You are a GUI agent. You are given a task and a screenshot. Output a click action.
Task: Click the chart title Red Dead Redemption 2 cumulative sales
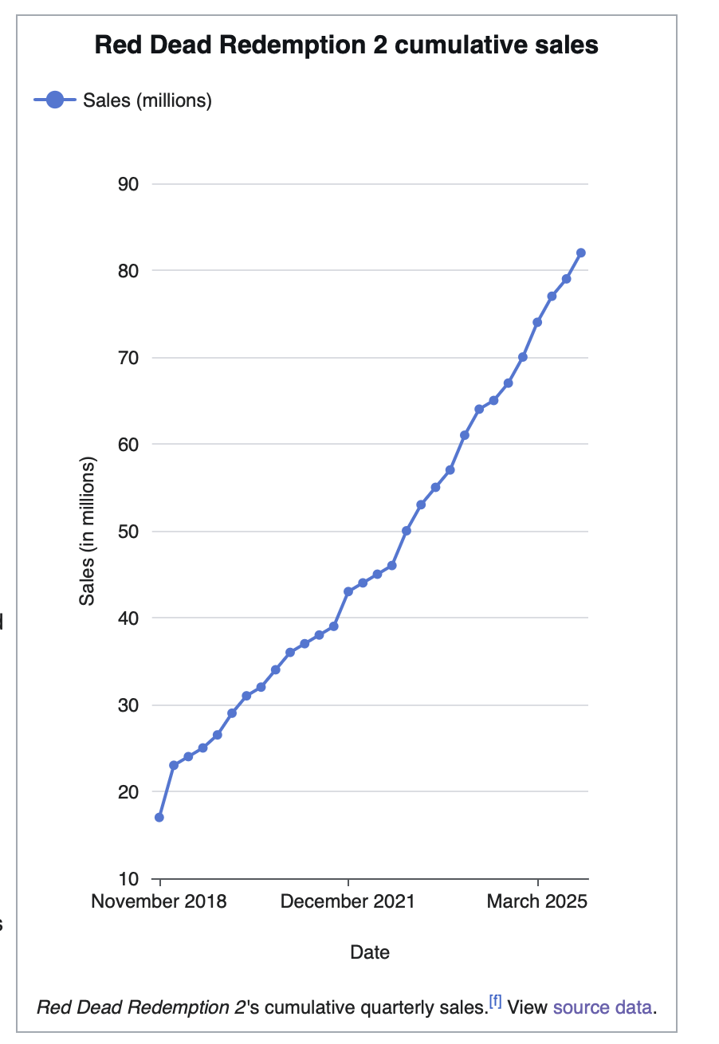pos(346,45)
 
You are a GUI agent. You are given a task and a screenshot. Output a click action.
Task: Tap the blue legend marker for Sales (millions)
pos(55,100)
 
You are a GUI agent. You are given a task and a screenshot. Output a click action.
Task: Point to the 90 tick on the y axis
pos(128,185)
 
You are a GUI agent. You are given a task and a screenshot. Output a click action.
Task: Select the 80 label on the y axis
pos(128,271)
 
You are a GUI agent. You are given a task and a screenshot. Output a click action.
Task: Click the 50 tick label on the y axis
pos(128,532)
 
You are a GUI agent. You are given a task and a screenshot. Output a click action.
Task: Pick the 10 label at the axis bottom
pos(128,879)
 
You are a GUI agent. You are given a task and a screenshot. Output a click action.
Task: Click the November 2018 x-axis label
pos(159,901)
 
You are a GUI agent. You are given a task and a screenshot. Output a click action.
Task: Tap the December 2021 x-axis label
pos(348,901)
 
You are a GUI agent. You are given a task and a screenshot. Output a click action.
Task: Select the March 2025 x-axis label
pos(537,901)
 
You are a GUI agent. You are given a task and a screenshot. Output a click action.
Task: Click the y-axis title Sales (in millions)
pos(87,531)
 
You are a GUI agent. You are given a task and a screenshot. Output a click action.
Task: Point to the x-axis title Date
pos(370,952)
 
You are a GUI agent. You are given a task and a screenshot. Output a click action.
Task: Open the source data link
pos(602,1007)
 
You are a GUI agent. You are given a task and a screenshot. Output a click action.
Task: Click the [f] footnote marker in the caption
pos(495,1001)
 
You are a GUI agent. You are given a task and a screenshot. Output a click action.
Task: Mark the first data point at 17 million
pos(159,818)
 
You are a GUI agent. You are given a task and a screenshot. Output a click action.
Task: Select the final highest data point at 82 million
pos(581,253)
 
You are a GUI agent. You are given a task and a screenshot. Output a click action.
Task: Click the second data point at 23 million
pos(174,765)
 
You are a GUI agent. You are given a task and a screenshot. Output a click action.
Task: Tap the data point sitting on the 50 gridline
pos(406,531)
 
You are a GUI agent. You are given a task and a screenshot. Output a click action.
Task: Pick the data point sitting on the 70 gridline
pos(523,357)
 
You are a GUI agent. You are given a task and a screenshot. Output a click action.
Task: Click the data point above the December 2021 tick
pos(348,591)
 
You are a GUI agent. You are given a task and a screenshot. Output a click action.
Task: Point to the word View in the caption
pos(527,1007)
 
